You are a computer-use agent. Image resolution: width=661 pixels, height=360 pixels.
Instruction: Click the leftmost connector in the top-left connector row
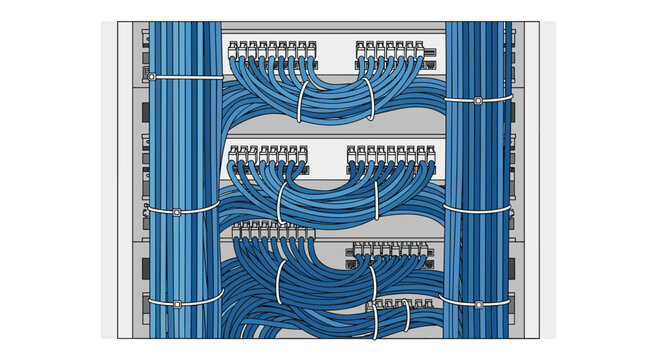tap(234, 49)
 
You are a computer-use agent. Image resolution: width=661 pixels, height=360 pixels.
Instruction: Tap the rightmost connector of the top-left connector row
tap(312, 49)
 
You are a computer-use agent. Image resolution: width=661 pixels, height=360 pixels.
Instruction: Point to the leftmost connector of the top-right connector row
tap(360, 49)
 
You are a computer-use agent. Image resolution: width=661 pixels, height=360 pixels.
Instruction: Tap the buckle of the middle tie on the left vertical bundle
tap(177, 213)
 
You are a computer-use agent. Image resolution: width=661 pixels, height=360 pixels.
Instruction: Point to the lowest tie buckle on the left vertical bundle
tap(177, 303)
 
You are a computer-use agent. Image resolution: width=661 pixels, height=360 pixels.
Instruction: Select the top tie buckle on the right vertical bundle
tap(478, 101)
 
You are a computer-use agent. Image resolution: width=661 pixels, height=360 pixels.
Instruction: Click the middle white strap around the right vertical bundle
tap(477, 211)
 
